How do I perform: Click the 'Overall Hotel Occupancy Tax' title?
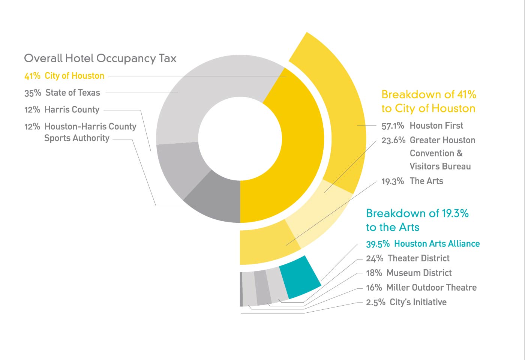pos(100,58)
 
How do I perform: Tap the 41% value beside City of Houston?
pos(32,76)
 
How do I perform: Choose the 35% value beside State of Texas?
pos(33,93)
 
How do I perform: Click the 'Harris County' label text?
pos(72,109)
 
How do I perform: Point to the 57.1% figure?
pos(393,126)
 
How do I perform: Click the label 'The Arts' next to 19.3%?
pos(426,181)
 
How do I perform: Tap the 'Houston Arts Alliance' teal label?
pos(437,244)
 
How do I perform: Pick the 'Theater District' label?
pos(418,258)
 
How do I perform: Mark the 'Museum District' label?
pos(419,273)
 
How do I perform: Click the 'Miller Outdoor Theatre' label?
pos(431,288)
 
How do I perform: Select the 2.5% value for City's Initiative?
pos(375,302)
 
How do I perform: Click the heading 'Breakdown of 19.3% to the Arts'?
pos(417,220)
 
